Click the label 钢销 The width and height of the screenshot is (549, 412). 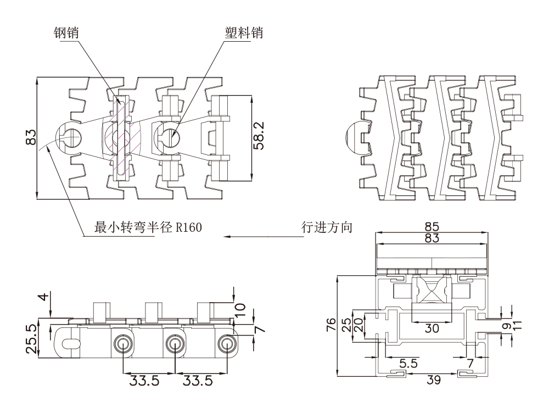coord(65,33)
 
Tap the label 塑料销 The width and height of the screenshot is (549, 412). coord(244,33)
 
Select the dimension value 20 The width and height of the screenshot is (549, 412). coord(358,324)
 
